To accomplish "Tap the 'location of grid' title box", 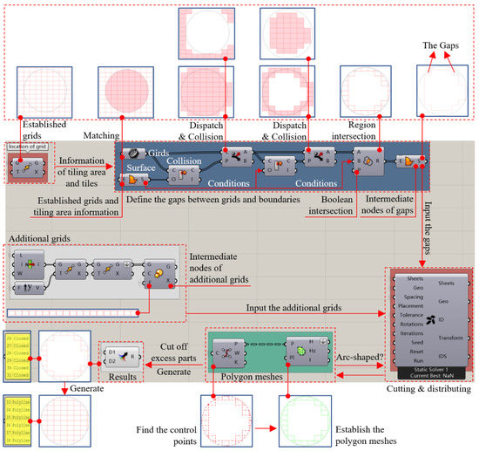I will [28, 146].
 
